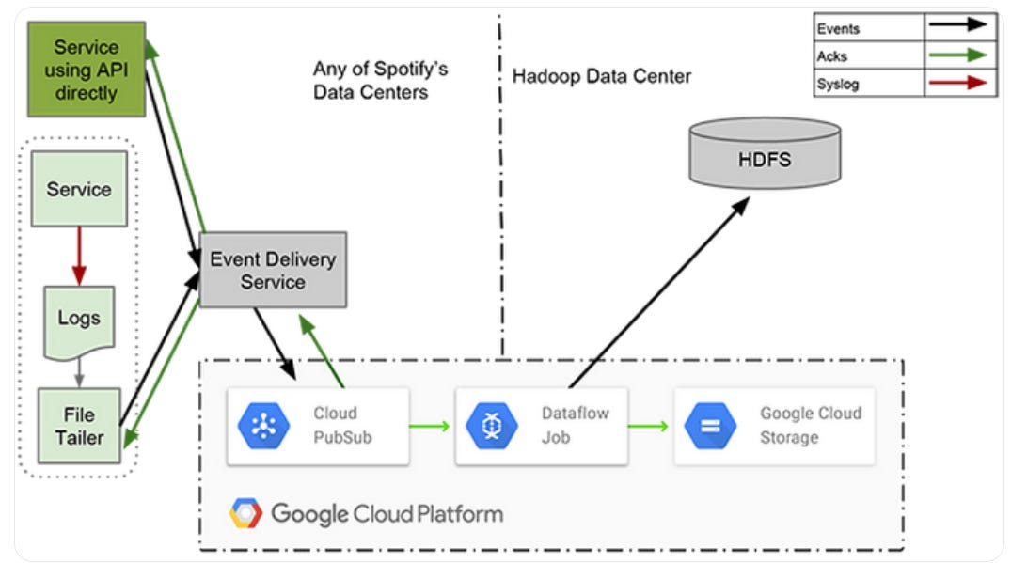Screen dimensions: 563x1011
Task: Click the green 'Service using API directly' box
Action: [86, 70]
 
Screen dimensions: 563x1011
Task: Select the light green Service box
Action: [79, 189]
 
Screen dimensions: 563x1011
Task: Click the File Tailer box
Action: [79, 426]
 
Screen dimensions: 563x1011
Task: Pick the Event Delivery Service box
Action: [273, 270]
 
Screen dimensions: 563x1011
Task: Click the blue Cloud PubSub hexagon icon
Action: [262, 426]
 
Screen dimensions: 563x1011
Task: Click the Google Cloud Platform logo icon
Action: [246, 513]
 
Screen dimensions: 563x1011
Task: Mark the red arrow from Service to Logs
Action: [79, 256]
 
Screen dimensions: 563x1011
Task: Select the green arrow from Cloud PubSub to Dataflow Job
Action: [431, 426]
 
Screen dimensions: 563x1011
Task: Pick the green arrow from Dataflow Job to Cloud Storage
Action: [649, 426]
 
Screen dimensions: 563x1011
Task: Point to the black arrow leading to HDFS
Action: [659, 292]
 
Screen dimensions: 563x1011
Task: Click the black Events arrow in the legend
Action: [959, 27]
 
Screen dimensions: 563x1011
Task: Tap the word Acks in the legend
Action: [831, 55]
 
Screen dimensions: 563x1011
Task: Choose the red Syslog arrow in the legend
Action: [959, 83]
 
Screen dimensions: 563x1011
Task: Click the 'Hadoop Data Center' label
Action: [602, 76]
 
